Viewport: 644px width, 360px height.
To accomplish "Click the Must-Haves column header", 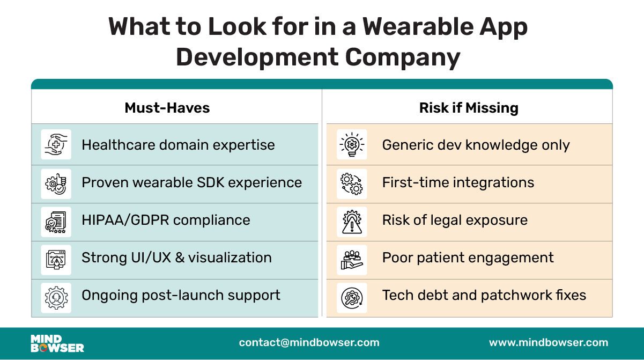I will click(167, 108).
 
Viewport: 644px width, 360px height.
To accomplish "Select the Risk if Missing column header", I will click(469, 108).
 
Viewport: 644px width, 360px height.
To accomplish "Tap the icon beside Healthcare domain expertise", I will click(56, 145).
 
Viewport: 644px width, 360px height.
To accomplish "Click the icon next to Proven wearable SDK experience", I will click(56, 182).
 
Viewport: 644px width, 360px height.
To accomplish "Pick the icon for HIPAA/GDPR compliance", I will click(56, 221).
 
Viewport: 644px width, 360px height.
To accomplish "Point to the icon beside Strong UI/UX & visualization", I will click(56, 258).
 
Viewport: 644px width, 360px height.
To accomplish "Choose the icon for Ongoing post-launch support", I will click(56, 296).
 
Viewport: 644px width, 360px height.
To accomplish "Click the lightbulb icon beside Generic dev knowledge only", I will click(352, 145).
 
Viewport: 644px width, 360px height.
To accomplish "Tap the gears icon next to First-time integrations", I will click(352, 182).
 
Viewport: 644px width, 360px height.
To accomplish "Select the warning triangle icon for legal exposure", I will click(352, 221).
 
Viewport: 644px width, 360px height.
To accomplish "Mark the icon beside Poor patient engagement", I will click(352, 258).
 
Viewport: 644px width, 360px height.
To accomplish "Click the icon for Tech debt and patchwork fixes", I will click(352, 296).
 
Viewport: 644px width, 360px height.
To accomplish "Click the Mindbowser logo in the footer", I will click(57, 343).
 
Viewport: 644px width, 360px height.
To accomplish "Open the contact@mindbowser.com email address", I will click(309, 343).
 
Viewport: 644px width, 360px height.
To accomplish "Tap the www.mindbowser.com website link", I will click(549, 343).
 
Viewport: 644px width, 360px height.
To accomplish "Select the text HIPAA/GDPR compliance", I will click(166, 221).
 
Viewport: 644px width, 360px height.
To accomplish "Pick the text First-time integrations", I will click(458, 182).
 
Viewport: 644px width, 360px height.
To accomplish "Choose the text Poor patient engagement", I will click(468, 258).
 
